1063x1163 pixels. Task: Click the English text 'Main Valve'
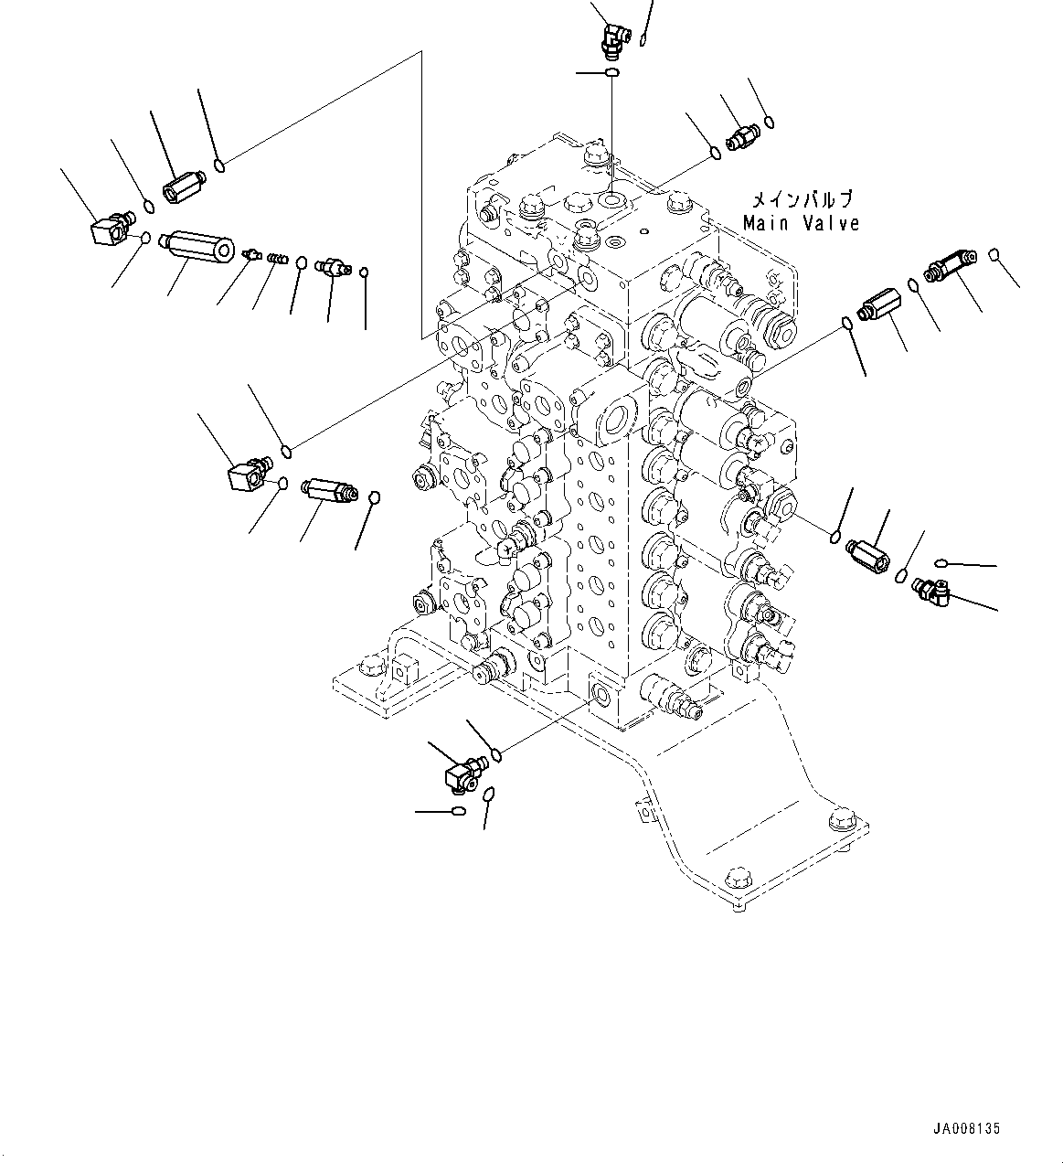coord(801,223)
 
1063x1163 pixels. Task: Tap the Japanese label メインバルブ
coord(801,199)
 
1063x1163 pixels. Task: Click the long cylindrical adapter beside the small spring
coord(196,248)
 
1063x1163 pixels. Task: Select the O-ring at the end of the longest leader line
coord(220,165)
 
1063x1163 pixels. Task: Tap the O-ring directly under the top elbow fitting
coord(612,71)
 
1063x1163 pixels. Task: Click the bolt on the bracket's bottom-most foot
coord(736,881)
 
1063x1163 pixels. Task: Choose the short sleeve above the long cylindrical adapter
coord(183,187)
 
